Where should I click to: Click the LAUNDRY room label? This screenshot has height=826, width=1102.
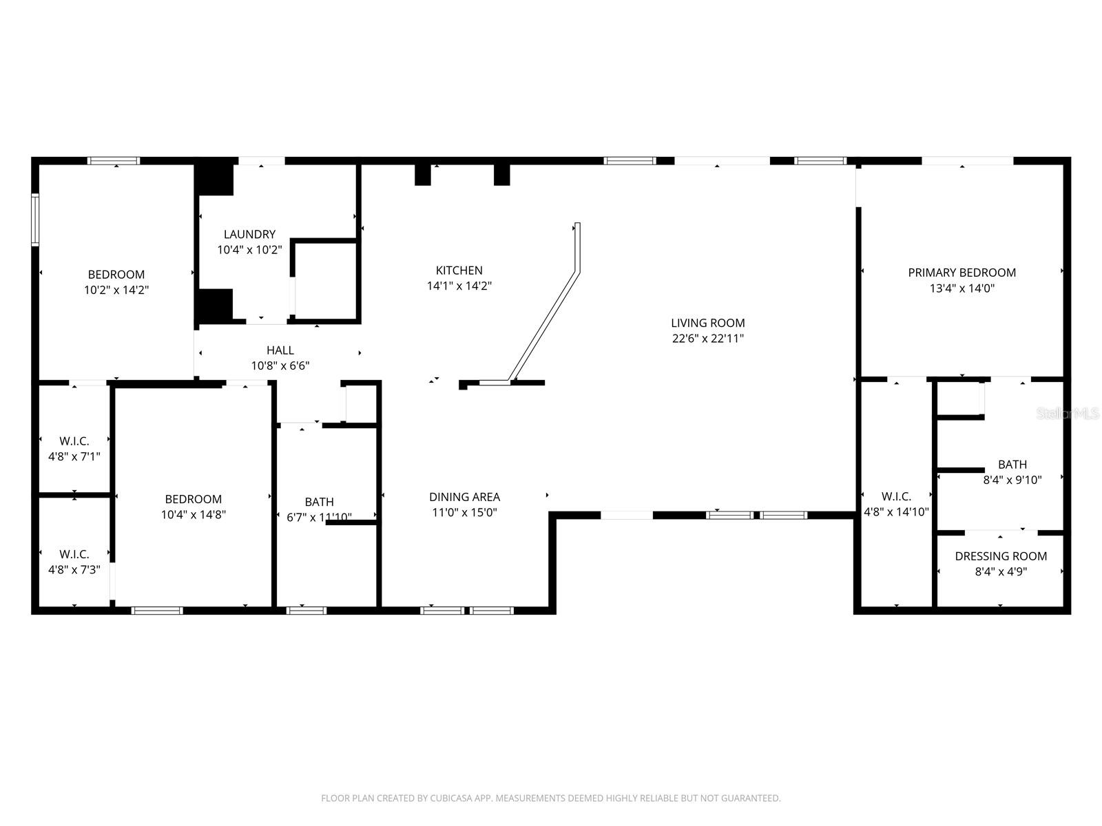point(249,235)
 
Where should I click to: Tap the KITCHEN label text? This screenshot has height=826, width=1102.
point(459,271)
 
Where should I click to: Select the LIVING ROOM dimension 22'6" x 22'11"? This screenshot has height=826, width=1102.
point(708,339)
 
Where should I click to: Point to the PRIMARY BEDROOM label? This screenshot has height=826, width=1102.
point(961,273)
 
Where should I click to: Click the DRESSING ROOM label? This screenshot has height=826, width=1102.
point(1001,556)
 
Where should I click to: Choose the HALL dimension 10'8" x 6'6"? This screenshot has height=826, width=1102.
point(280,366)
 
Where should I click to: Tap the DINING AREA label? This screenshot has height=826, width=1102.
point(464,497)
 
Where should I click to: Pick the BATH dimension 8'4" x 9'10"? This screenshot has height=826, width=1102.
point(1012,480)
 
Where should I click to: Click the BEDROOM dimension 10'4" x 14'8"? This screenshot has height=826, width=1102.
point(193,515)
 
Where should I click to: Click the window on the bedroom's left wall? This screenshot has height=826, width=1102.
point(34,219)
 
